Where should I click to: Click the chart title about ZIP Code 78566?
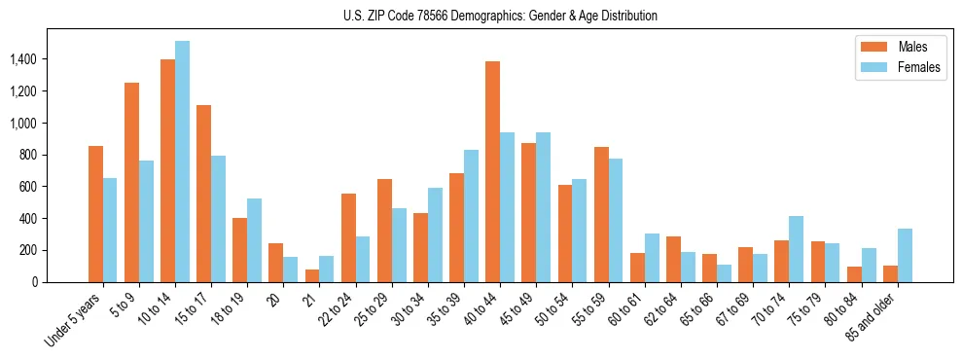500,16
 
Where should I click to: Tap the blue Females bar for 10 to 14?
182,162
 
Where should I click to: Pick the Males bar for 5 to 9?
131,182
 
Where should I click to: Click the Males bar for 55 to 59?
601,214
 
